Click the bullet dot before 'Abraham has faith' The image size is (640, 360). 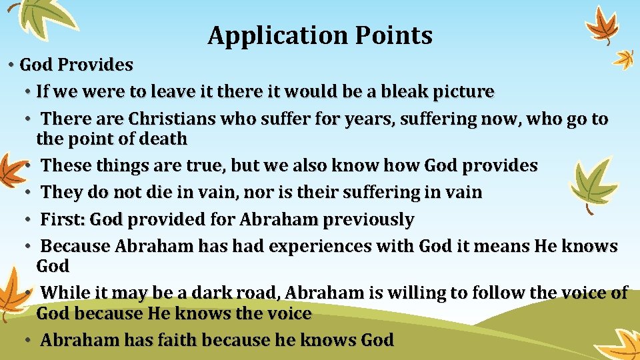[29, 340]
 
